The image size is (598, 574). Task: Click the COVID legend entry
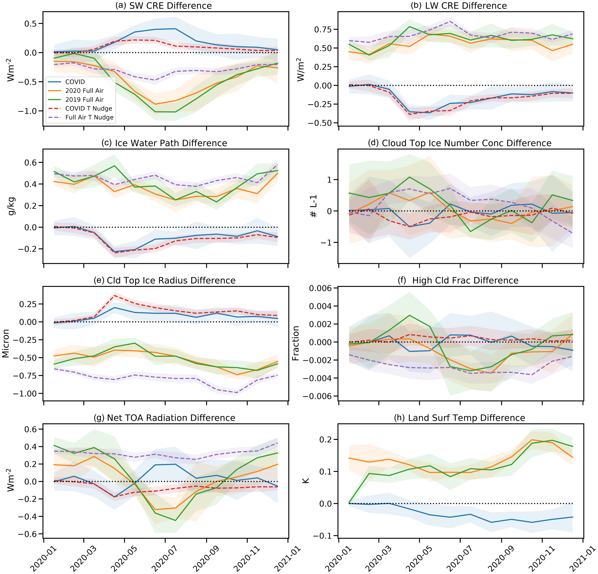[75, 82]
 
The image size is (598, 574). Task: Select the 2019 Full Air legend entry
[84, 99]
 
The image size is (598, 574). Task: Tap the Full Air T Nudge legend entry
[89, 117]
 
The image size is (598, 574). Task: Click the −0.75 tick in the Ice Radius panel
[24, 375]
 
